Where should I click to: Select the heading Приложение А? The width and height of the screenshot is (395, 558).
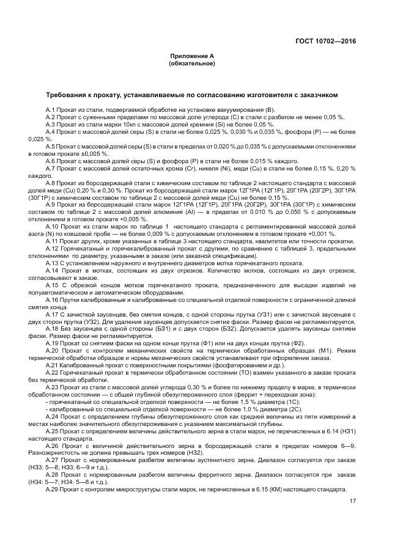coord(193,56)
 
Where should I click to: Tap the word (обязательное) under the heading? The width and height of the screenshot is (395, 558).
coord(193,64)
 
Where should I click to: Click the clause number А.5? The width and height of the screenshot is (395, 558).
coord(51,147)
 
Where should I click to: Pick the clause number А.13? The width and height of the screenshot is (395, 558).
coord(53,263)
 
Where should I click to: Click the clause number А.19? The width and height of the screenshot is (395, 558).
coord(53,342)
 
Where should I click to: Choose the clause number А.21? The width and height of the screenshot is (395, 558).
coord(53,365)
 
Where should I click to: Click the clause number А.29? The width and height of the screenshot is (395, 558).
coord(53,490)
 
